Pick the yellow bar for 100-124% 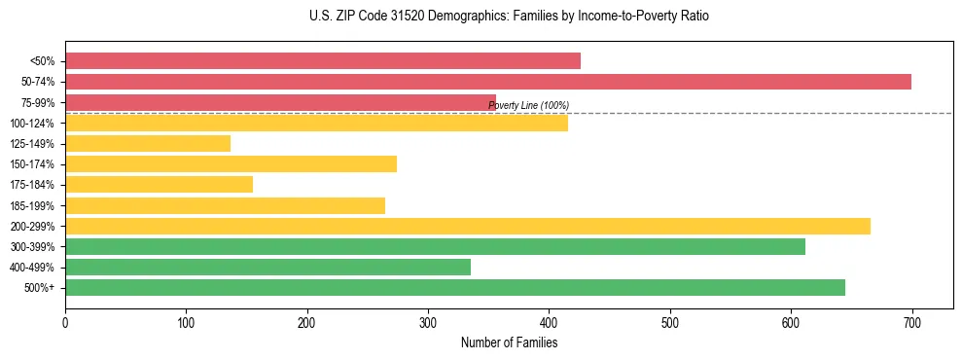pos(316,123)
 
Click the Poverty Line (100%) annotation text pos(528,105)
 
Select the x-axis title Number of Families pos(509,342)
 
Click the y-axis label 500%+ pos(39,288)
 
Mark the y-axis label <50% pos(42,61)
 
